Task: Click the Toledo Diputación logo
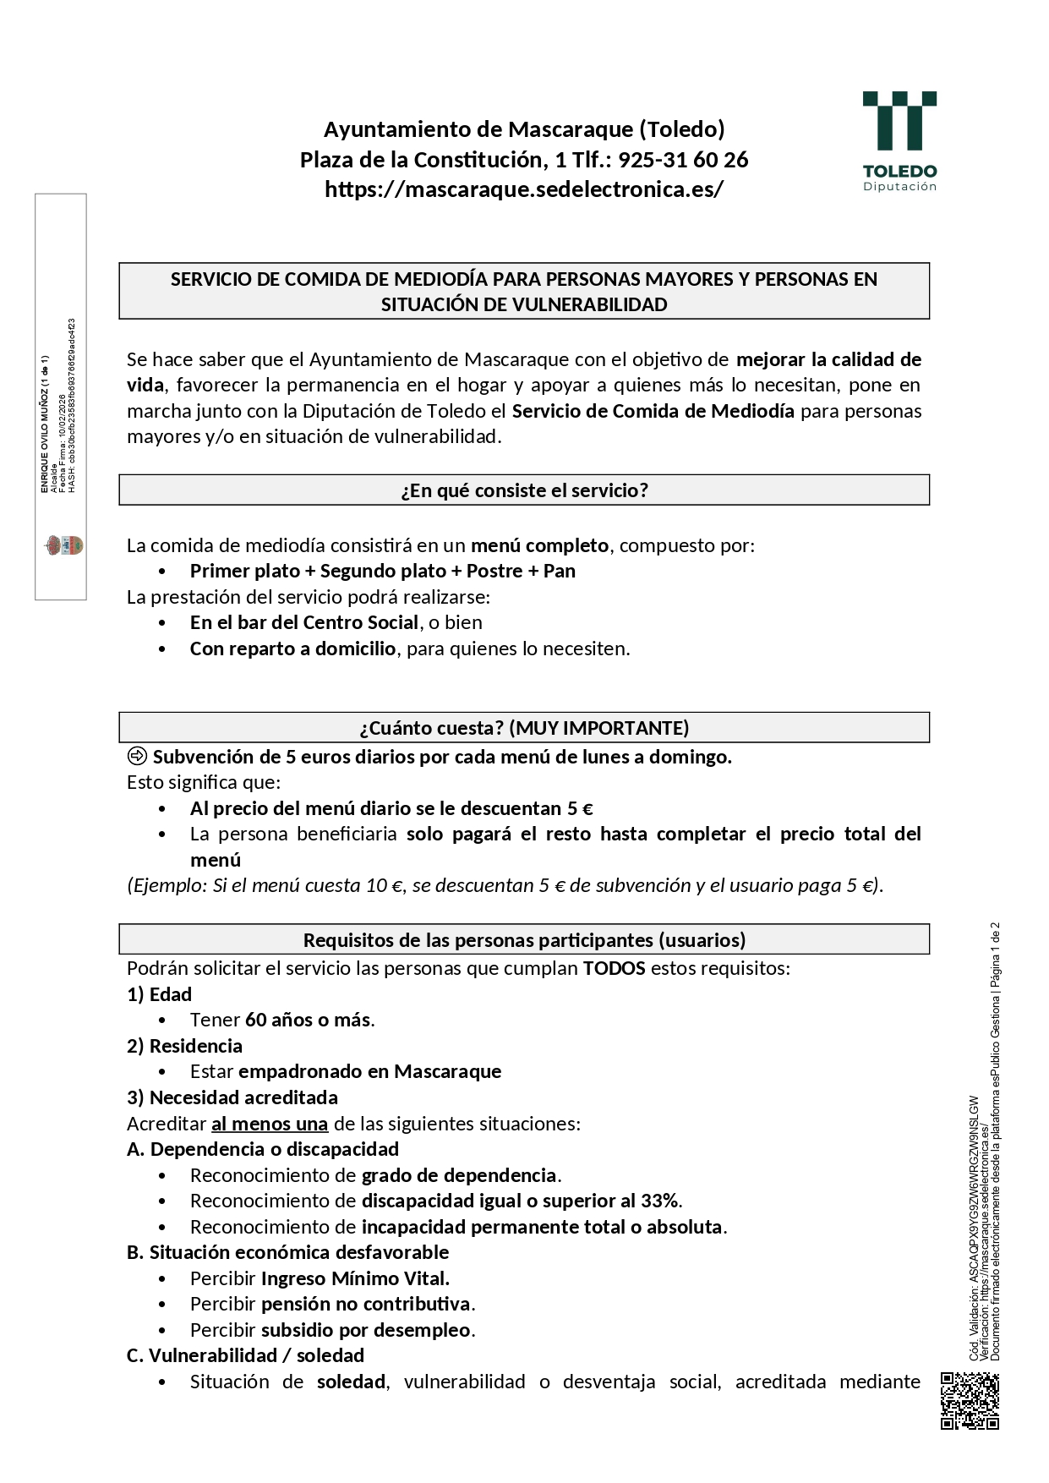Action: (x=899, y=140)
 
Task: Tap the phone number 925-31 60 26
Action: (x=683, y=160)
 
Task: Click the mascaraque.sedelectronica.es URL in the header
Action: (x=524, y=189)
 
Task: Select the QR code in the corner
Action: (x=970, y=1401)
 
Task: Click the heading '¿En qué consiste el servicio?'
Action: (x=524, y=490)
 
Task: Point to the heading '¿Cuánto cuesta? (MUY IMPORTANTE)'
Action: (x=524, y=728)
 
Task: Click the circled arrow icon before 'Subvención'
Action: (x=137, y=757)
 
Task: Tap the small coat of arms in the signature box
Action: (x=63, y=545)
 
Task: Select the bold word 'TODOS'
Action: (x=615, y=968)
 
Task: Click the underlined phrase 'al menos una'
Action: (x=270, y=1124)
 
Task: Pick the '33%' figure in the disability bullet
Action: (x=660, y=1201)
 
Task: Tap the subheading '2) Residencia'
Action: (x=184, y=1046)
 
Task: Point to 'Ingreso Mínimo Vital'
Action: (x=355, y=1278)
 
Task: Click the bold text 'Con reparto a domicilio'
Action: (x=292, y=648)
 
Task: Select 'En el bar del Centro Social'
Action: (x=304, y=622)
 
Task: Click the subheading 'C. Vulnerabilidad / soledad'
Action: (x=245, y=1355)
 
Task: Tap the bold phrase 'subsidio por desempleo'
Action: (x=365, y=1330)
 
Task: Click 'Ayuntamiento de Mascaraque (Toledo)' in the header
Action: (x=524, y=129)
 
